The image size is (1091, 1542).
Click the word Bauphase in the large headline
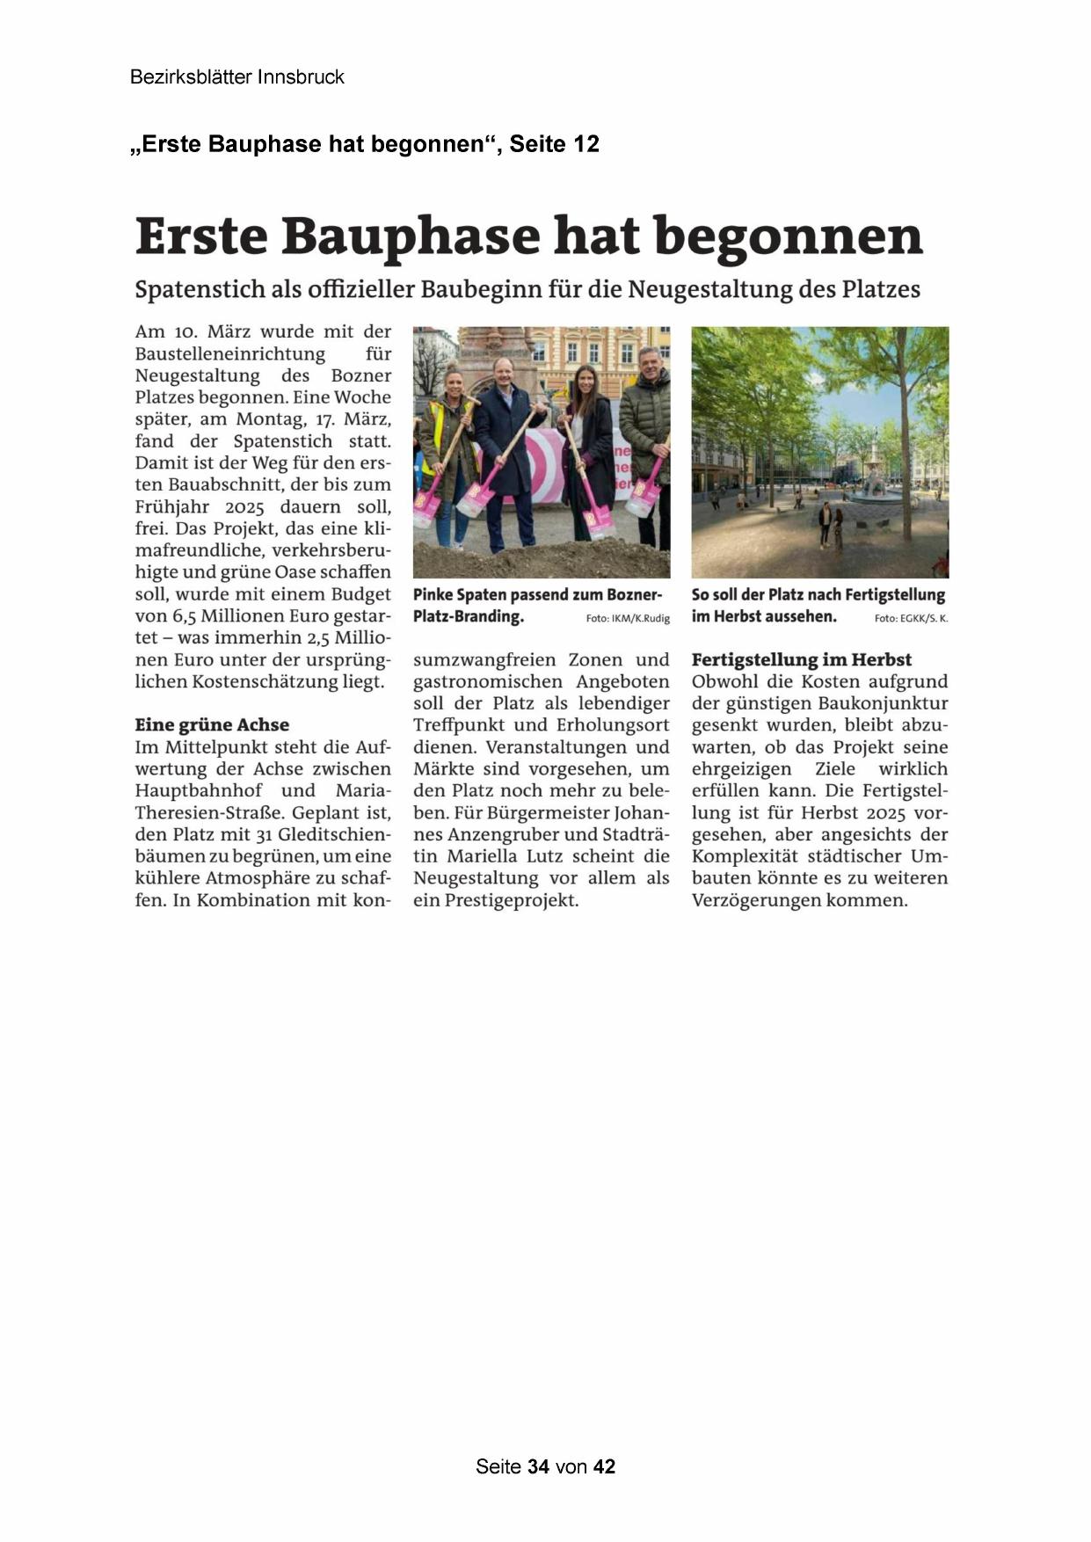pyautogui.click(x=410, y=237)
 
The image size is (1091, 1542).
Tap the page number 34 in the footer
pyautogui.click(x=539, y=1466)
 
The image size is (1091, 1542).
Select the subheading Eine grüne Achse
pyautogui.click(x=212, y=724)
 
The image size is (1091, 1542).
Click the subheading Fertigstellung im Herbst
pyautogui.click(x=801, y=659)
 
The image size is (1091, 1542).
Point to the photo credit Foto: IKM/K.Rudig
pyautogui.click(x=628, y=619)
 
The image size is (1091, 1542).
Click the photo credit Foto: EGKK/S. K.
pyautogui.click(x=911, y=619)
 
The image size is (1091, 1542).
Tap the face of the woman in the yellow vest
pyautogui.click(x=454, y=382)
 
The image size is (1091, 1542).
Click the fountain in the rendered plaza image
pyautogui.click(x=873, y=481)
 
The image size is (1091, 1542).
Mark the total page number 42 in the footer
pyautogui.click(x=604, y=1466)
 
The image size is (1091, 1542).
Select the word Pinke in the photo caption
pyautogui.click(x=433, y=595)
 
